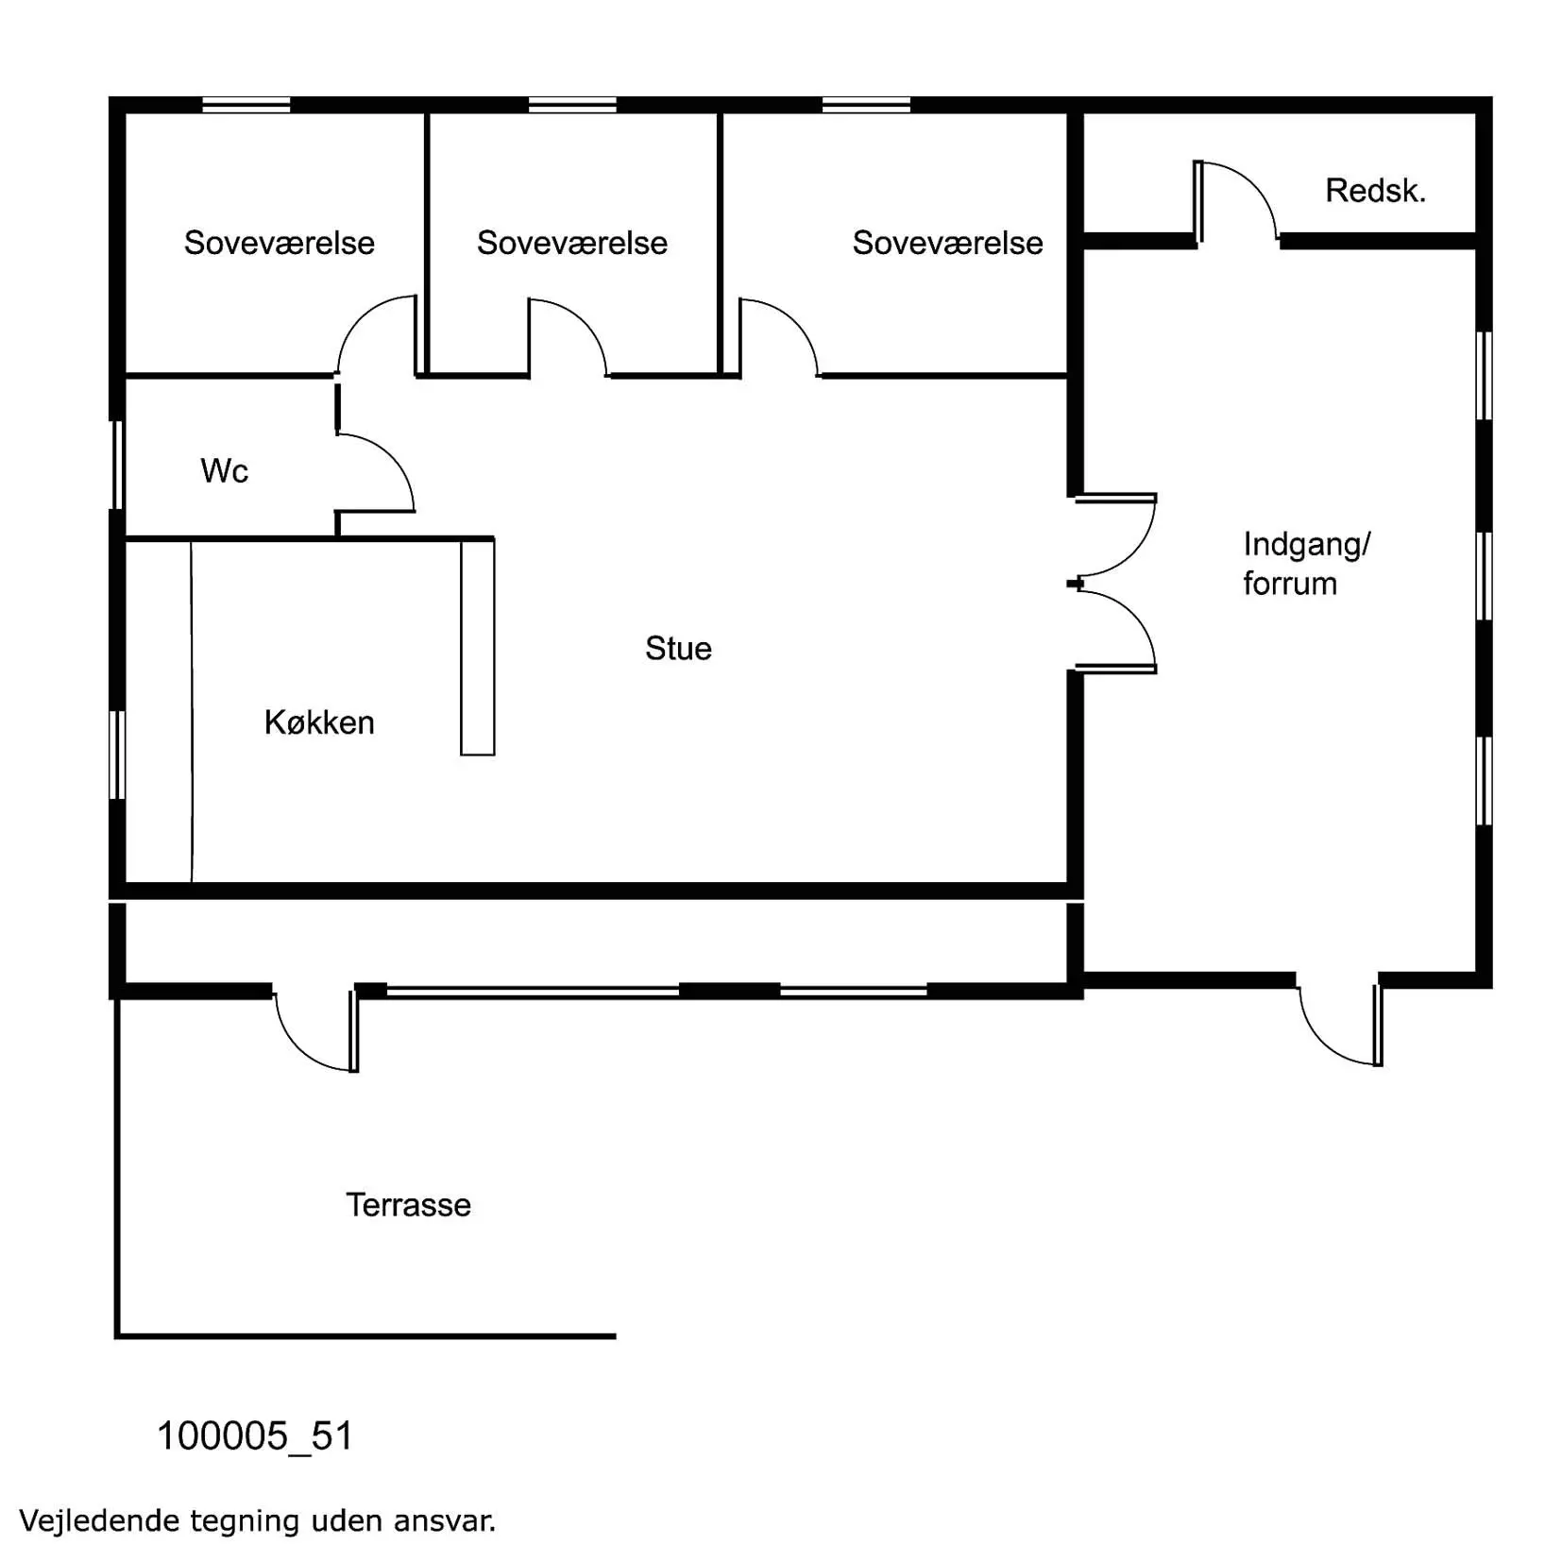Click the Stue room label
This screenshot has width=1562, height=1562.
[x=678, y=648]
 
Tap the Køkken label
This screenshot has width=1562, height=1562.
[x=319, y=722]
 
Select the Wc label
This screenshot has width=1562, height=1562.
[x=224, y=470]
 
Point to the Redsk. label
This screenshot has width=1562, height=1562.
[x=1375, y=191]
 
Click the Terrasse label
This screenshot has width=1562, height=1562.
[x=408, y=1205]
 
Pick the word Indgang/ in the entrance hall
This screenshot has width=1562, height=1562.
[x=1306, y=545]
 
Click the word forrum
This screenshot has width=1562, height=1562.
[x=1290, y=584]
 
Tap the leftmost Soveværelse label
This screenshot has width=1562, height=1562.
[x=279, y=243]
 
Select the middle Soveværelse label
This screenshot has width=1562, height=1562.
[x=571, y=243]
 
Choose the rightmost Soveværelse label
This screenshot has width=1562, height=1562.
[x=947, y=243]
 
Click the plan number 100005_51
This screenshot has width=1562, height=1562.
[x=254, y=1436]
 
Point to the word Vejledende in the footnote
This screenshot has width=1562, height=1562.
[x=101, y=1520]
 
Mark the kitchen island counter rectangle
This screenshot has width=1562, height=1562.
[x=478, y=647]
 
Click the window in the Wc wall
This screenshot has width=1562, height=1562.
[x=118, y=465]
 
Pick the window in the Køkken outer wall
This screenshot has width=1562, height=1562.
[x=118, y=756]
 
